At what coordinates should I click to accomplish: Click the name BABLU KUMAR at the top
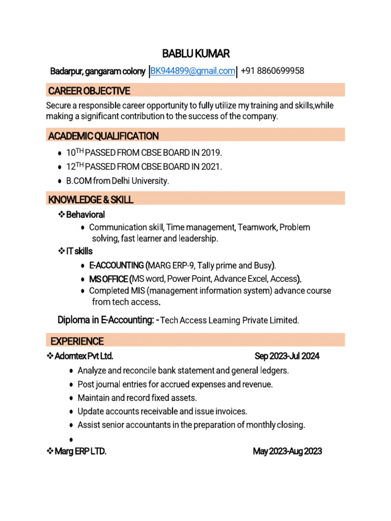[195, 53]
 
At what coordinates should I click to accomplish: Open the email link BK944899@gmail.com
[192, 71]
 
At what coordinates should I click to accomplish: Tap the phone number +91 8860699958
[272, 71]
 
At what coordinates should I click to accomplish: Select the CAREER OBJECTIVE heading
[89, 91]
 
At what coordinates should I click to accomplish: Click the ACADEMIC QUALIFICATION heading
[103, 136]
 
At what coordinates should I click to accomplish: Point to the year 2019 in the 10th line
[211, 153]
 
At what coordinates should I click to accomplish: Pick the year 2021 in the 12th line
[211, 166]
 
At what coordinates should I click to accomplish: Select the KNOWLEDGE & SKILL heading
[91, 199]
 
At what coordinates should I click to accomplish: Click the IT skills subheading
[79, 251]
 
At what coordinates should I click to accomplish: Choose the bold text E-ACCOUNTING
[117, 265]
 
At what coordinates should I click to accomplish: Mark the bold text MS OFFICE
[108, 279]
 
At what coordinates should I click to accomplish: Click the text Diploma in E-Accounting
[106, 320]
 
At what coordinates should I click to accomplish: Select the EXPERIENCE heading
[77, 341]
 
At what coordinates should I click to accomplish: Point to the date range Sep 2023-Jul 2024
[287, 356]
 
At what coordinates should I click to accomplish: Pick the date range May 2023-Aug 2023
[287, 451]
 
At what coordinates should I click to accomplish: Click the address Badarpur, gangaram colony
[97, 72]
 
